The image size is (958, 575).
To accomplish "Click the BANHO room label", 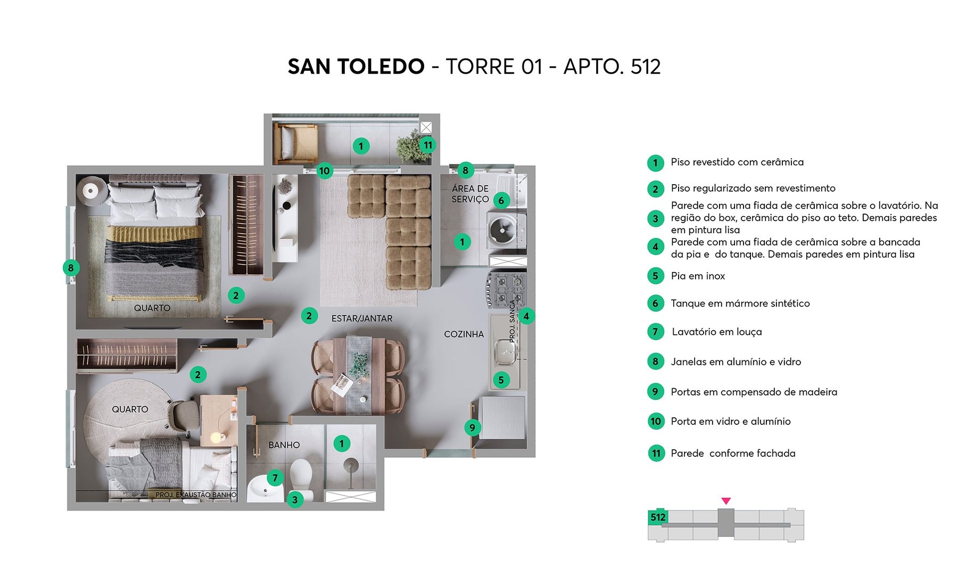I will (284, 445).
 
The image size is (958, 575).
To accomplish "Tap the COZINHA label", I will (464, 334).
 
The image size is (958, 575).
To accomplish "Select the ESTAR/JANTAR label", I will (362, 318).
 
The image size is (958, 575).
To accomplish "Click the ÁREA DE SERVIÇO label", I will (470, 194).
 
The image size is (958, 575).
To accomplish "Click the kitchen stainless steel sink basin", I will (503, 352).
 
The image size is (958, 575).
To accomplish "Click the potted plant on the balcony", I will (410, 145).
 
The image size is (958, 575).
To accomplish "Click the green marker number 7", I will (275, 478).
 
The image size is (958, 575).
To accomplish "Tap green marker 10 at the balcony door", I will (324, 171).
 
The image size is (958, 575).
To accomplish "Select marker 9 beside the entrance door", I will (472, 427).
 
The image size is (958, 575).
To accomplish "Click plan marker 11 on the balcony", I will (427, 145).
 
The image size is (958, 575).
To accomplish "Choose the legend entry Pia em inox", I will (697, 276).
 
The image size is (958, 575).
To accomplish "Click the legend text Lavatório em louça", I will (716, 332).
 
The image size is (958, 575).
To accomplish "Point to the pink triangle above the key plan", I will (726, 501).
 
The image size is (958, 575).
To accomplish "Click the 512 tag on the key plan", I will (657, 517).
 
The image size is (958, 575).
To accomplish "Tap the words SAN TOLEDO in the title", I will (356, 67).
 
